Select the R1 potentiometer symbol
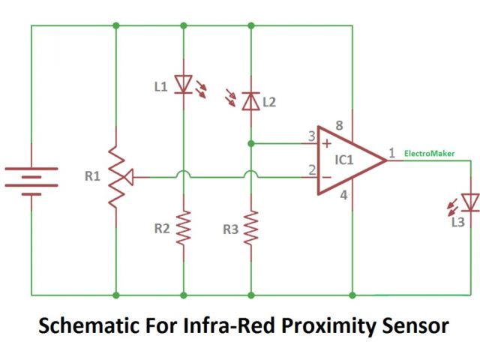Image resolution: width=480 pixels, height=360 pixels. click(x=116, y=178)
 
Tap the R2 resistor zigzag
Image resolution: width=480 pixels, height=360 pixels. click(x=184, y=228)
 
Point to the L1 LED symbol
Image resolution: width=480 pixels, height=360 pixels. click(x=184, y=84)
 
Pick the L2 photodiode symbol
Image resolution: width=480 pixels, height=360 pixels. click(x=250, y=101)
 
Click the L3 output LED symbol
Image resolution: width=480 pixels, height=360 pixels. click(x=470, y=202)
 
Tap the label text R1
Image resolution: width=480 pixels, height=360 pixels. click(x=92, y=178)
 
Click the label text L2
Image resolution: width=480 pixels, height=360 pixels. click(x=268, y=102)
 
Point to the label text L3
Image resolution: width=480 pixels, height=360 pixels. click(x=457, y=223)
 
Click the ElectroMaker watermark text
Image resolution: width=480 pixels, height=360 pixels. click(x=429, y=153)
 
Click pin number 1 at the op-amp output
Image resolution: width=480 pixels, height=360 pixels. click(x=391, y=153)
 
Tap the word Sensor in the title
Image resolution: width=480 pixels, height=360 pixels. click(x=412, y=326)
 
